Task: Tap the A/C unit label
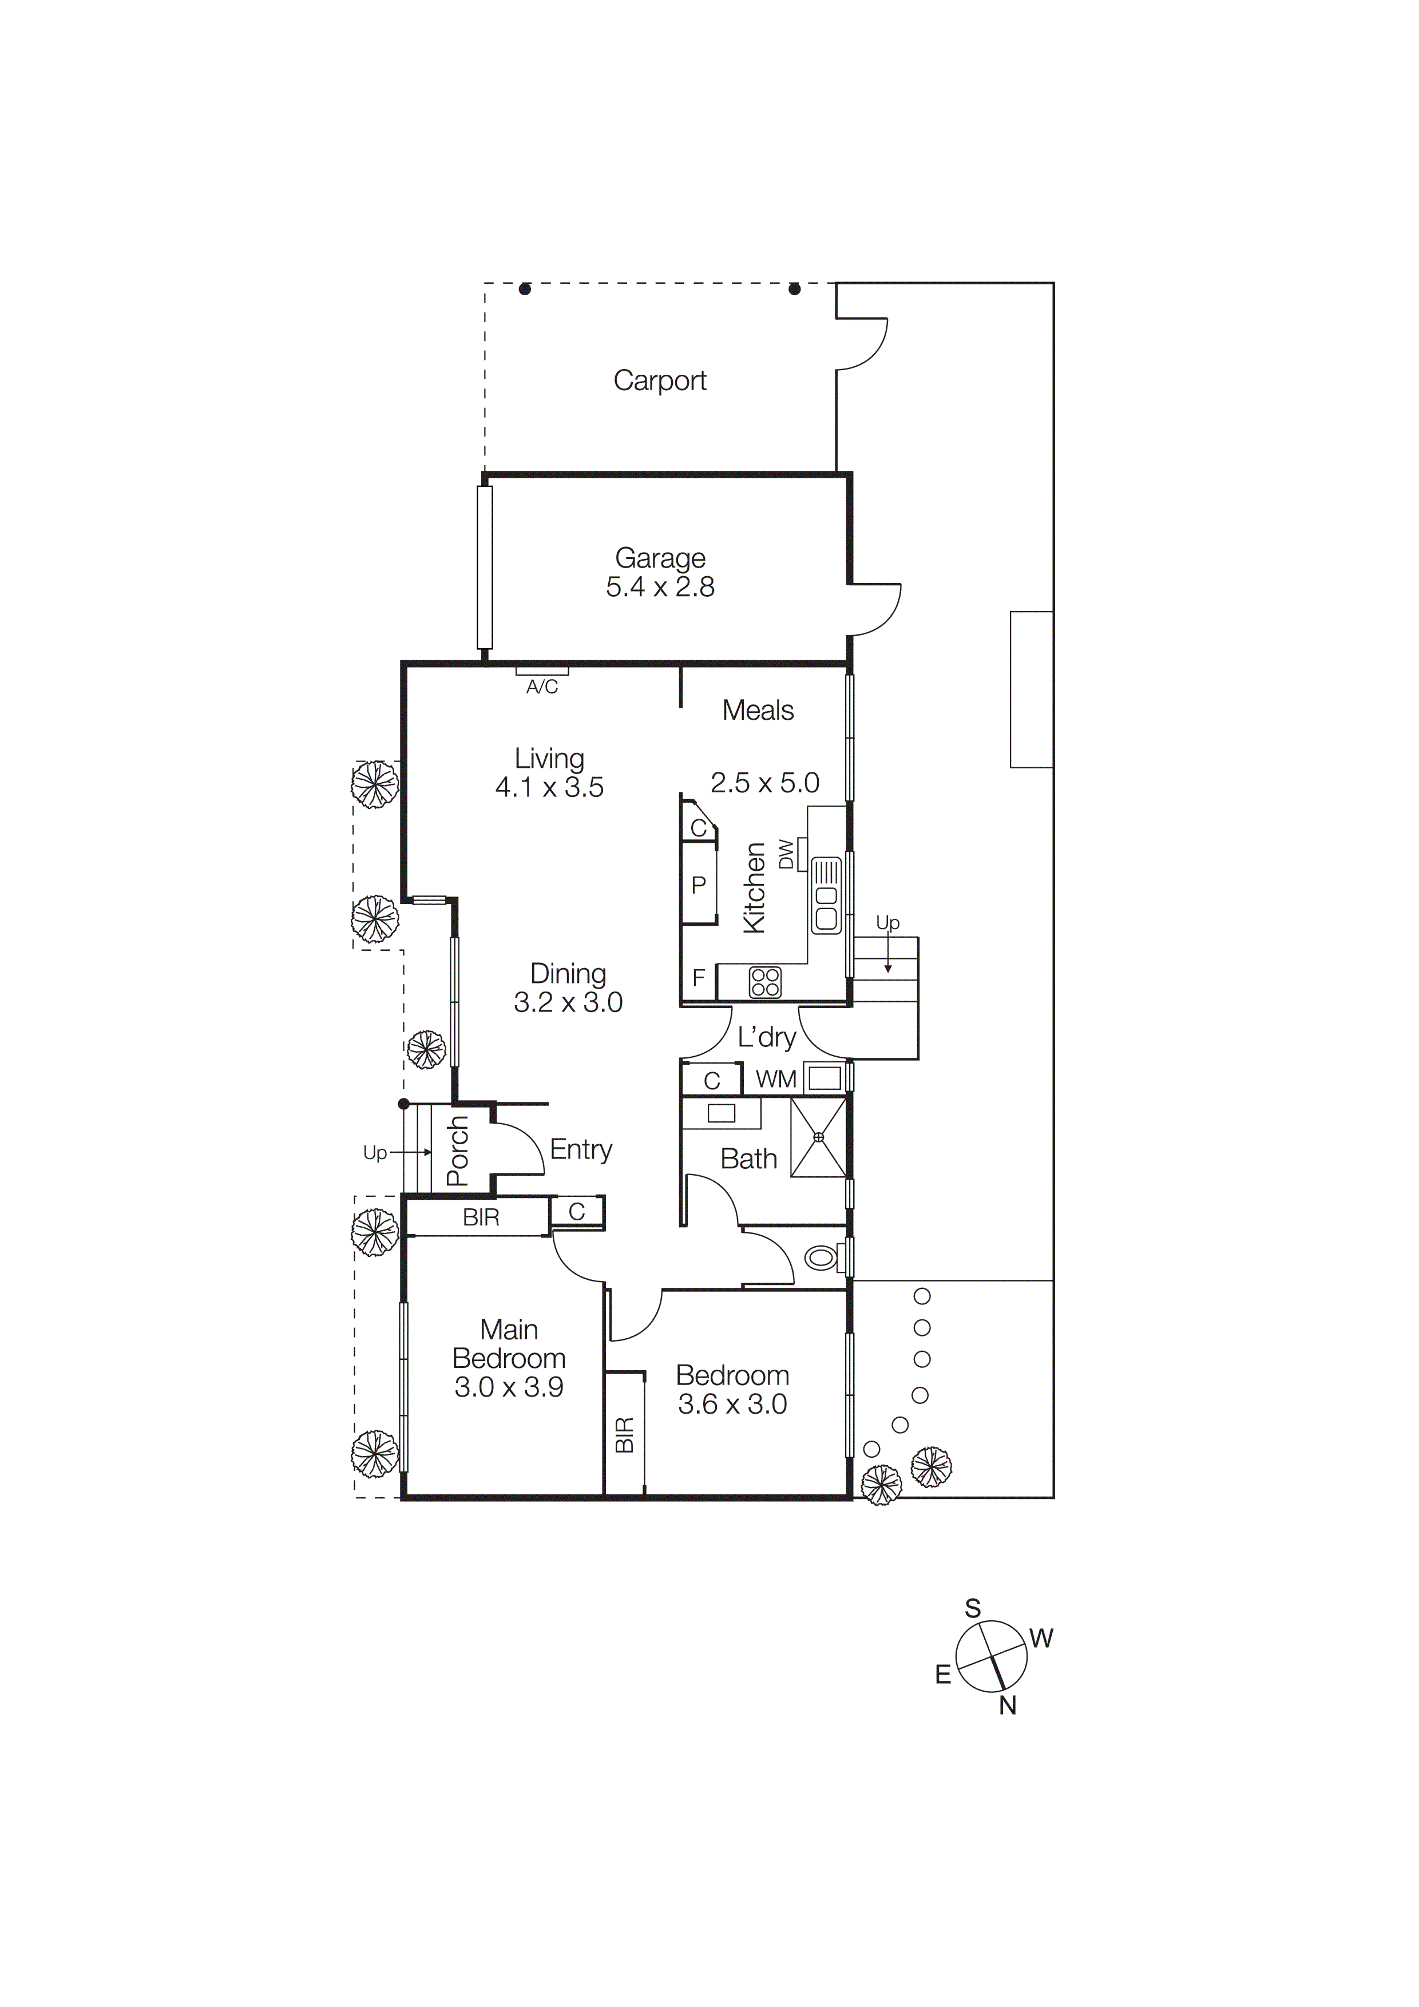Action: [x=541, y=687]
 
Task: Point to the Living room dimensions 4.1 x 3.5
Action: [x=549, y=788]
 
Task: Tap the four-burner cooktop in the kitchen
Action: [x=765, y=982]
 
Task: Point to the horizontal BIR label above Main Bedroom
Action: [x=481, y=1217]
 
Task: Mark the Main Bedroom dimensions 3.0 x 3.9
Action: [x=509, y=1387]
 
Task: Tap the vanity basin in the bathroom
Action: [x=722, y=1114]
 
